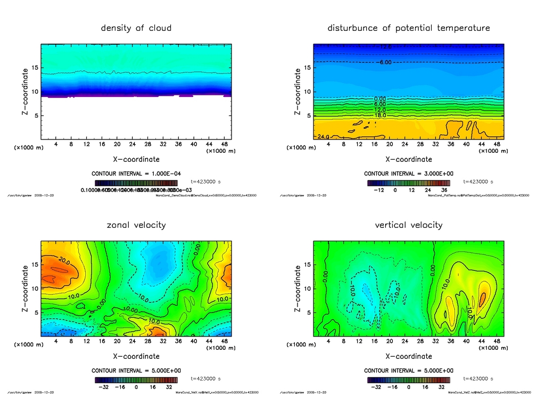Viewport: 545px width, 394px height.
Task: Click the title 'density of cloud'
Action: pos(136,28)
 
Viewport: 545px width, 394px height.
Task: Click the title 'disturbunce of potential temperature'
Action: pos(408,28)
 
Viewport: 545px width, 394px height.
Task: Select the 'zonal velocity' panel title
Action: pos(136,225)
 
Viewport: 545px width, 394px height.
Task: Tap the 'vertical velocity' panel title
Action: pos(408,225)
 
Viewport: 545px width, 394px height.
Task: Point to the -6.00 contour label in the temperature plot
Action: pos(384,62)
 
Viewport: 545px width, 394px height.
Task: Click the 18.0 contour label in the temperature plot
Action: pos(379,115)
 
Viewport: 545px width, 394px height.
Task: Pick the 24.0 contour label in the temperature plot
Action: pos(323,137)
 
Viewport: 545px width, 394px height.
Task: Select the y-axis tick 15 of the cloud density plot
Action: pos(35,68)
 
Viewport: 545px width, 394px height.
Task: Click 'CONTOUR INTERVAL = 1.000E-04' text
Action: pos(136,174)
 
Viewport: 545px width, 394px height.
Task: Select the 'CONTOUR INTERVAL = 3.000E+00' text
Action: pos(408,174)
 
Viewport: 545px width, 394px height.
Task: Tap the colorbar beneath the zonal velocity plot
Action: pos(136,380)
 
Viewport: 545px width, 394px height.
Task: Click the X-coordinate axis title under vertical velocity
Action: pos(408,356)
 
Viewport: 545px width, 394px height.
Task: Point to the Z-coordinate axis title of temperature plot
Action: pos(298,92)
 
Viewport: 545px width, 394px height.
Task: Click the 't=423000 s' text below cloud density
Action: pos(206,182)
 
